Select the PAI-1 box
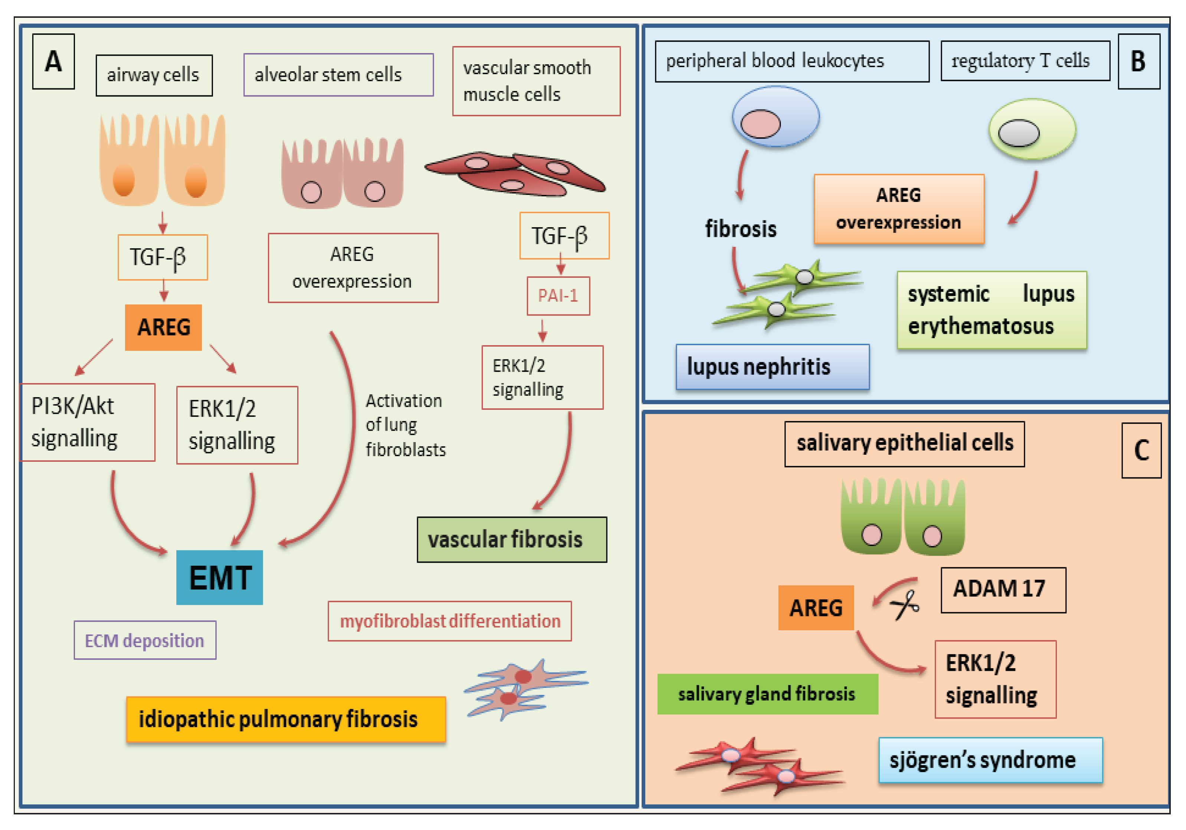(x=558, y=295)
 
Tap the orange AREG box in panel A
(x=163, y=327)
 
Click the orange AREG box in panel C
(x=816, y=608)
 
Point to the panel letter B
(x=1139, y=62)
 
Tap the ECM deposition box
(x=145, y=640)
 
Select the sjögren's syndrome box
(x=990, y=760)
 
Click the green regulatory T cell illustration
(x=1032, y=129)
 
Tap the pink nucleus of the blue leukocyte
(x=760, y=124)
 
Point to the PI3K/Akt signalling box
(x=87, y=422)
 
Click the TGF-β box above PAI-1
(x=564, y=236)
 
